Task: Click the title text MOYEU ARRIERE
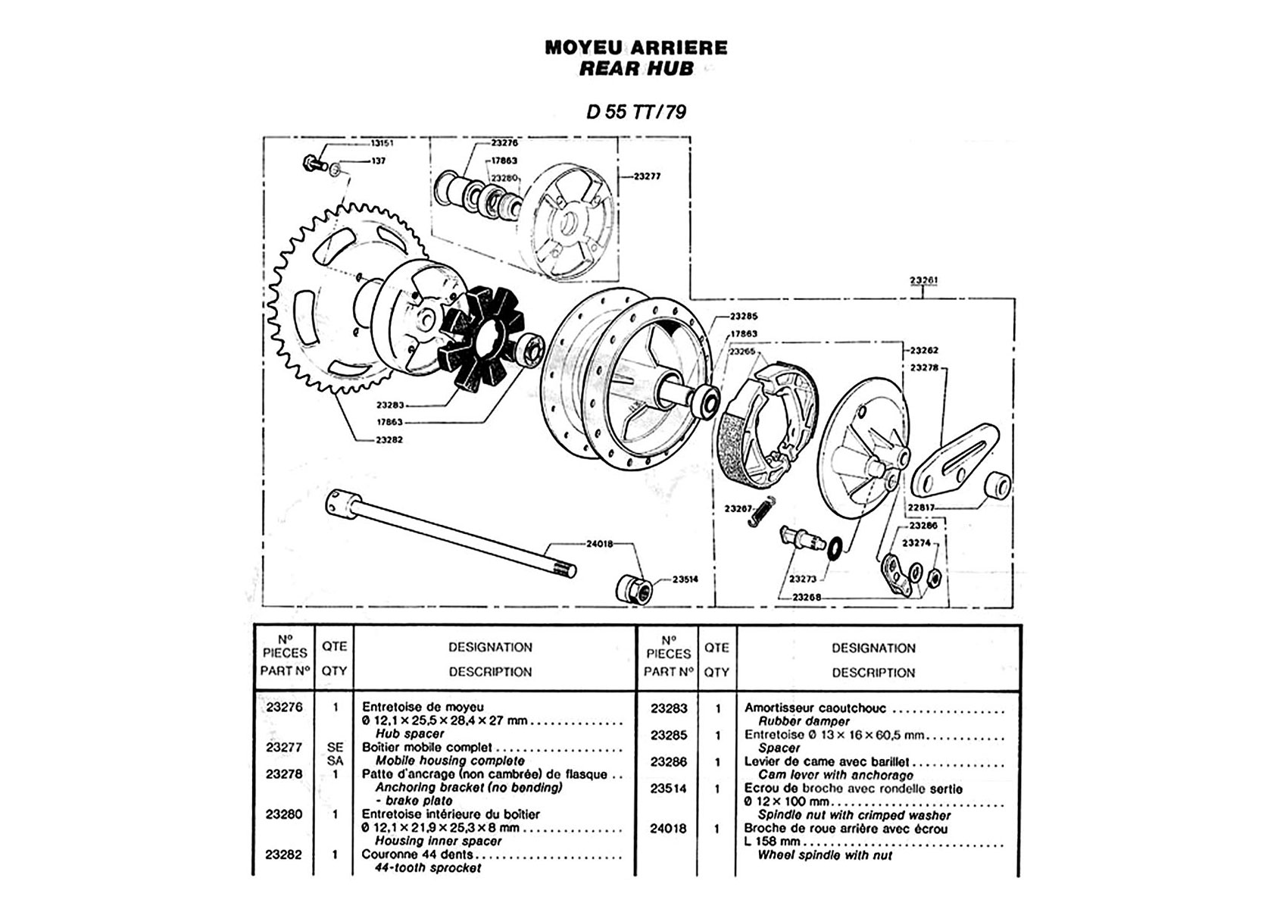tap(636, 48)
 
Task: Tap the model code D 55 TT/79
tap(636, 111)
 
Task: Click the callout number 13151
tap(382, 143)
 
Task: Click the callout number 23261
tap(923, 280)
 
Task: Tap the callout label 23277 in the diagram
tap(647, 176)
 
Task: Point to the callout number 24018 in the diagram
tap(599, 544)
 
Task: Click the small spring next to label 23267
tap(762, 511)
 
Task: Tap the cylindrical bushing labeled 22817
tap(997, 486)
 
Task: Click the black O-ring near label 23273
tap(834, 547)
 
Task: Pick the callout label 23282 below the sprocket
tap(389, 440)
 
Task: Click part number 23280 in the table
tap(283, 814)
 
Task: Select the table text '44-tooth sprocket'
tap(427, 868)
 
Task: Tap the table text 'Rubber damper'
tap(804, 722)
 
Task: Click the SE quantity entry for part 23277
tap(335, 748)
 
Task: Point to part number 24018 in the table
tap(667, 829)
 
